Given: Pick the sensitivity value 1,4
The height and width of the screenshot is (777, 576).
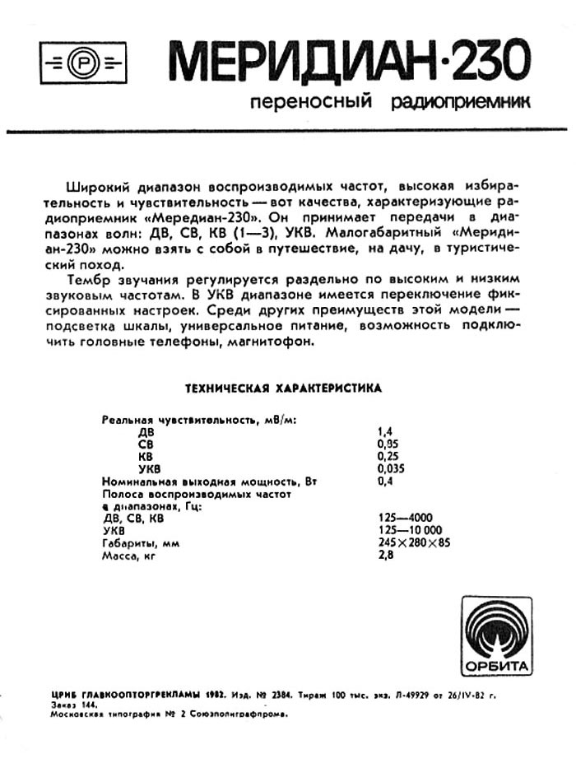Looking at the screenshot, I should point(382,430).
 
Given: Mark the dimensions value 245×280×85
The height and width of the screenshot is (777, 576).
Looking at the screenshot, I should point(413,543).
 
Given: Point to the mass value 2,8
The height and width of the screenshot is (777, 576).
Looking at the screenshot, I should point(383,556).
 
